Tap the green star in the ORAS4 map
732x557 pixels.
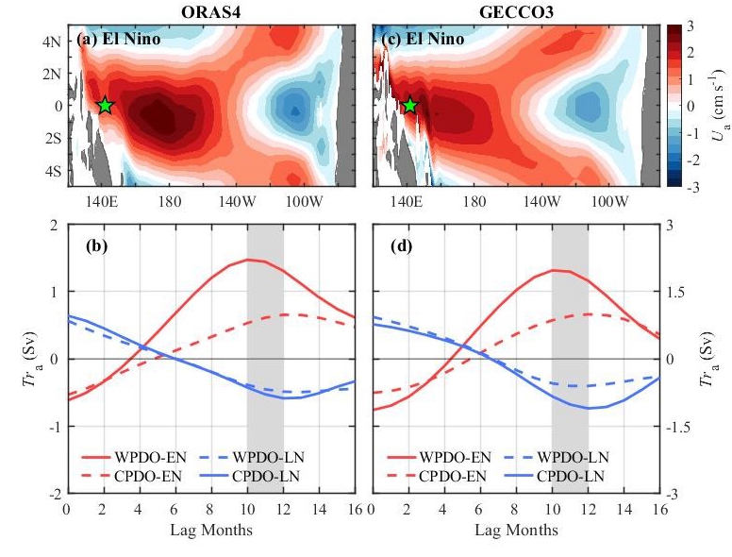(x=105, y=106)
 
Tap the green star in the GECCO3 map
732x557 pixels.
(x=409, y=106)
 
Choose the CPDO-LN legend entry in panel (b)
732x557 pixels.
(x=274, y=476)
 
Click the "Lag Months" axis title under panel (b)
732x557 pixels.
(x=211, y=530)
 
